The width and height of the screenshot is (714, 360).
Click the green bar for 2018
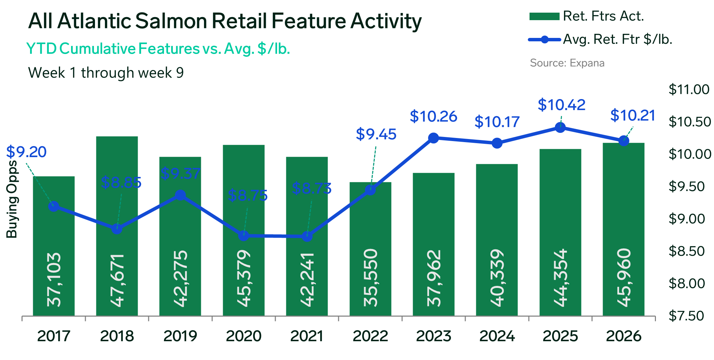pyautogui.click(x=117, y=226)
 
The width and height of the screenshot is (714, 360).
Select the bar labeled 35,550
pyautogui.click(x=370, y=249)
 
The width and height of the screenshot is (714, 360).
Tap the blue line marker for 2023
pyautogui.click(x=434, y=138)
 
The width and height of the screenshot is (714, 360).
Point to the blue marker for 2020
pyautogui.click(x=244, y=236)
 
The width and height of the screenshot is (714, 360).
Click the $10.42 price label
pyautogui.click(x=562, y=105)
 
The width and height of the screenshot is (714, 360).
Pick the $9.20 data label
pyautogui.click(x=26, y=152)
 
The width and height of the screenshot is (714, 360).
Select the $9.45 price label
pyautogui.click(x=376, y=134)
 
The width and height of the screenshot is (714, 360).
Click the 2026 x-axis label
pyautogui.click(x=624, y=336)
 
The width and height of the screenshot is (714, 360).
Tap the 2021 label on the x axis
pyautogui.click(x=307, y=336)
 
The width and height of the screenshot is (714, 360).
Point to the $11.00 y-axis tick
pyautogui.click(x=689, y=89)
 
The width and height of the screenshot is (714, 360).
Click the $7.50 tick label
pyautogui.click(x=686, y=316)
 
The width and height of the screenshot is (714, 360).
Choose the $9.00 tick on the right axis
pyautogui.click(x=687, y=219)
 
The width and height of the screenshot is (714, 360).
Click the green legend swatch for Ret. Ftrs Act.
pyautogui.click(x=544, y=16)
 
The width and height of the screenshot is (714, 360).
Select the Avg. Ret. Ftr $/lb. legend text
pyautogui.click(x=618, y=40)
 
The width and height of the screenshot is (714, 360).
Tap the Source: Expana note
pyautogui.click(x=567, y=63)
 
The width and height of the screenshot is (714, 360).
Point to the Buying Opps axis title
pyautogui.click(x=12, y=199)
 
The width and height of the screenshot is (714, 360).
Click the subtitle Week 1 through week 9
pyautogui.click(x=106, y=73)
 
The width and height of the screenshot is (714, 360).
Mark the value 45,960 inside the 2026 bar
pyautogui.click(x=624, y=278)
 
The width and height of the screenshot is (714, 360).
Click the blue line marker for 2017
pyautogui.click(x=54, y=206)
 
